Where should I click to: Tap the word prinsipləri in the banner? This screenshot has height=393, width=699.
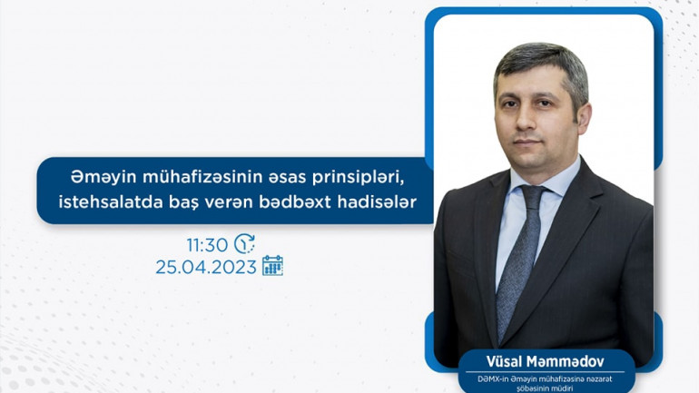(x=358, y=177)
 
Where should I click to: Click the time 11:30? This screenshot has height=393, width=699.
(x=207, y=245)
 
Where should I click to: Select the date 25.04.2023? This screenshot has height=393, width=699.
(x=206, y=268)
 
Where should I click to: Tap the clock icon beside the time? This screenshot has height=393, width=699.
(x=245, y=243)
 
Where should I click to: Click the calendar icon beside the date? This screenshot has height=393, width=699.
(x=273, y=266)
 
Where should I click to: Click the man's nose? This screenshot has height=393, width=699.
(x=526, y=122)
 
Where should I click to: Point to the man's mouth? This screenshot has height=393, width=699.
(x=527, y=142)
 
